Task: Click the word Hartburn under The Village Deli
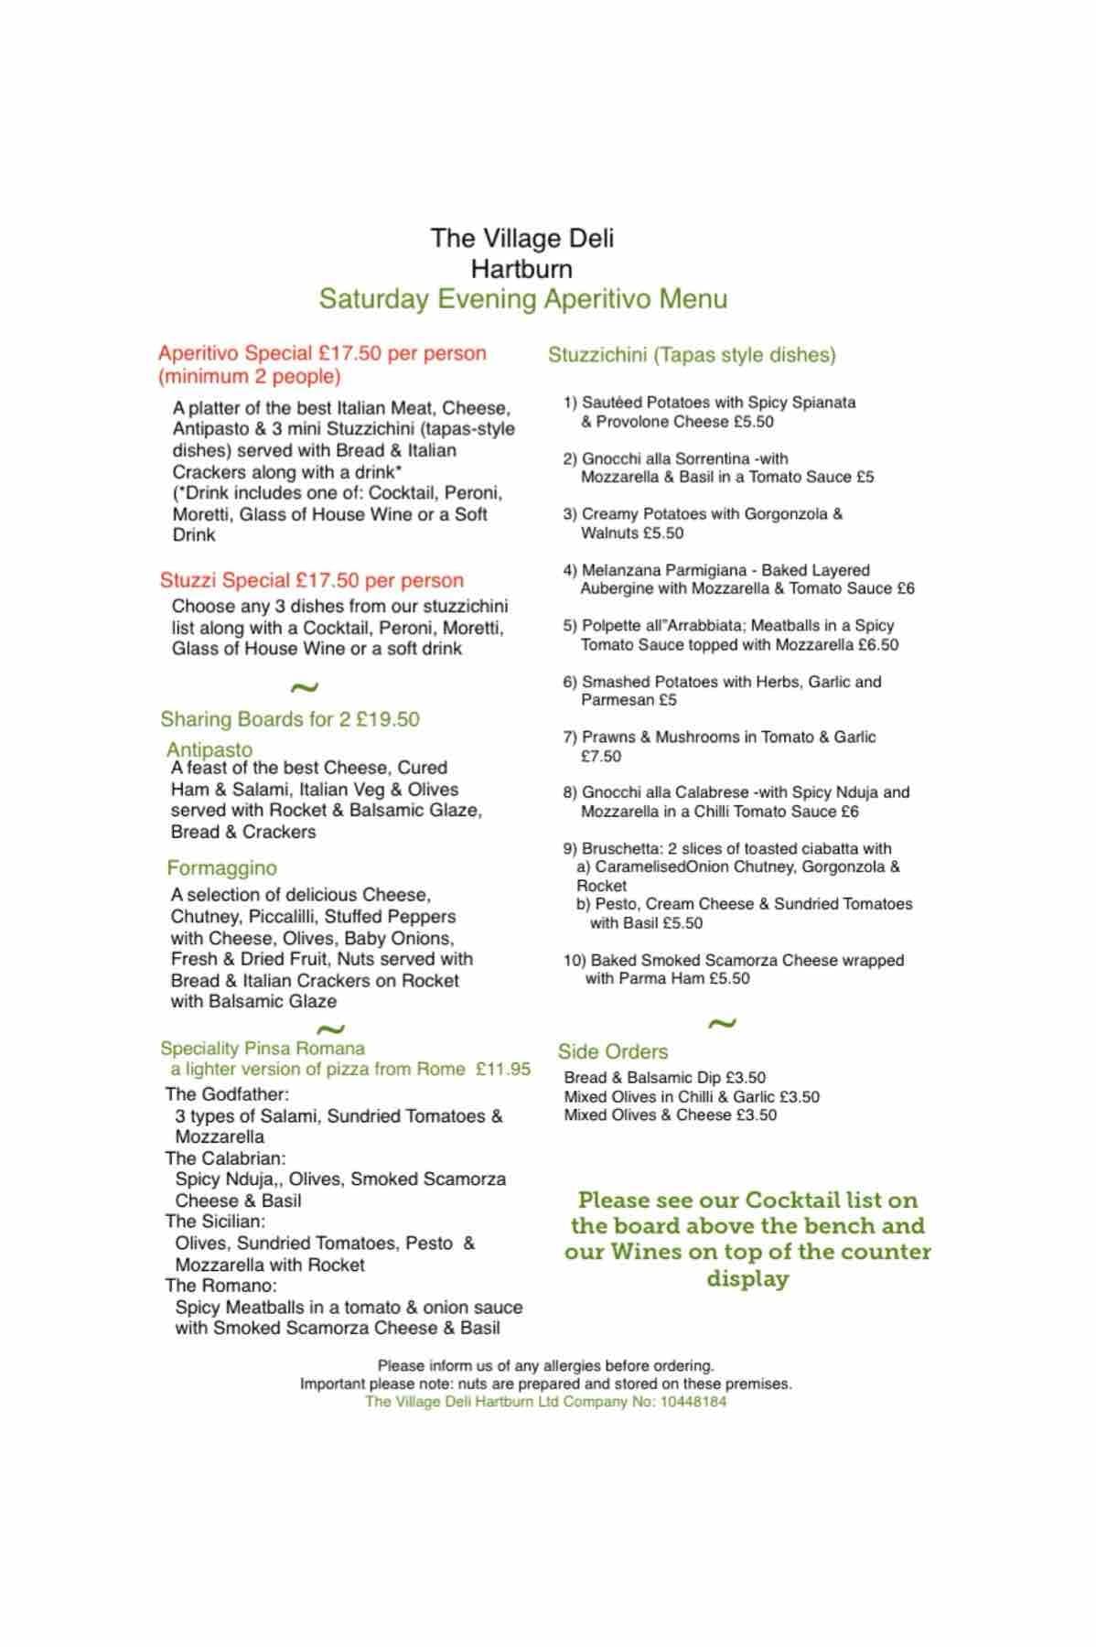tap(521, 269)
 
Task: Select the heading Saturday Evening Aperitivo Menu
tap(522, 299)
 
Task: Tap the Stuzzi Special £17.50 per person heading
tap(311, 580)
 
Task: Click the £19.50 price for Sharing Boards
tap(388, 719)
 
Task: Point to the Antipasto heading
tap(210, 749)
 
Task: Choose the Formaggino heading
tap(221, 867)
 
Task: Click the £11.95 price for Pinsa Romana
tap(503, 1069)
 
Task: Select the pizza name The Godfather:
tap(227, 1094)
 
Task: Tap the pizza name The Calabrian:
tap(225, 1158)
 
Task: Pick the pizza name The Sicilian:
tap(215, 1222)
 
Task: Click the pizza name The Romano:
tap(220, 1286)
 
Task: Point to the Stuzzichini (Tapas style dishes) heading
tap(692, 355)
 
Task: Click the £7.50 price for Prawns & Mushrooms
tap(600, 757)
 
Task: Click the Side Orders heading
tap(613, 1052)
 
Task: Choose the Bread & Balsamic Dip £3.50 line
tap(664, 1078)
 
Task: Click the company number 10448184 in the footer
tap(693, 1402)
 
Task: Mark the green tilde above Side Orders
tap(722, 1023)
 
